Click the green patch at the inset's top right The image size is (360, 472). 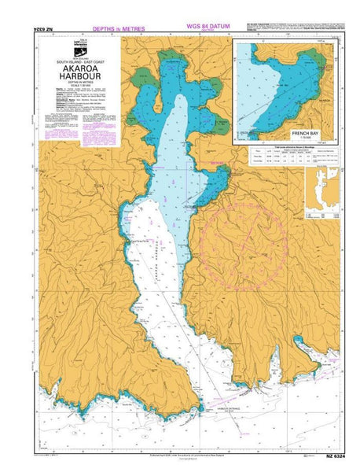[316, 57]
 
